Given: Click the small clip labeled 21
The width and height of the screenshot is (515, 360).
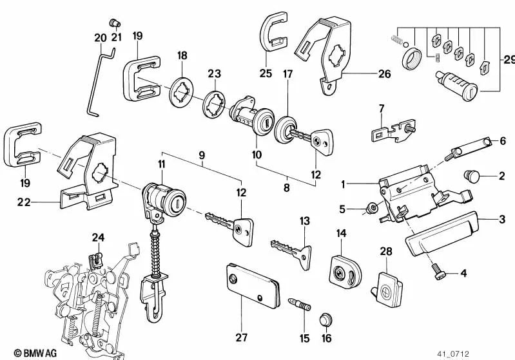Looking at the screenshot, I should click(x=114, y=23).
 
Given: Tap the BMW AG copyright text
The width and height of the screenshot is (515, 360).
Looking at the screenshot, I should click(x=23, y=353).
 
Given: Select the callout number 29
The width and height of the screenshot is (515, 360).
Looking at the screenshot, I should click(x=508, y=61).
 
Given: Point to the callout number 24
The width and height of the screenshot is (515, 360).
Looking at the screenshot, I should click(x=97, y=237).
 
